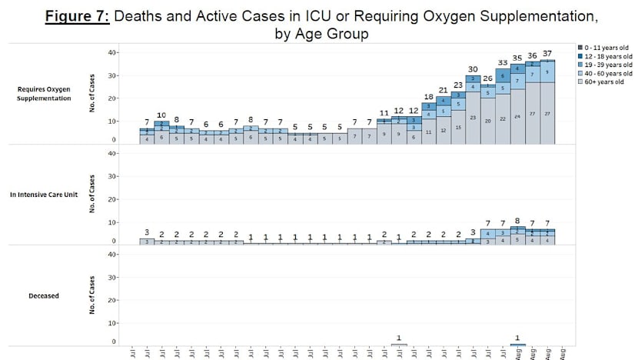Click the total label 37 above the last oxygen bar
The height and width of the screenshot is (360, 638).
click(x=547, y=54)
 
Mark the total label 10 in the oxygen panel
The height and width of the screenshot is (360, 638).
click(x=161, y=115)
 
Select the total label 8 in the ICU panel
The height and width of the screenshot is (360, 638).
click(x=517, y=221)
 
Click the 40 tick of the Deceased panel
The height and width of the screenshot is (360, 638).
click(x=112, y=254)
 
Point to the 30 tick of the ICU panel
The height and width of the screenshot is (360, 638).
click(x=112, y=176)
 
